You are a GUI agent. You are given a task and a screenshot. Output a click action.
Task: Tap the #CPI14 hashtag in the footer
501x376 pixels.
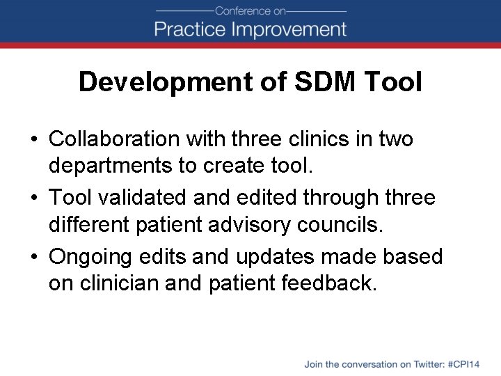click(464, 364)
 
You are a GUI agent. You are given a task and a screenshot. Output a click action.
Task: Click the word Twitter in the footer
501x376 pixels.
click(426, 364)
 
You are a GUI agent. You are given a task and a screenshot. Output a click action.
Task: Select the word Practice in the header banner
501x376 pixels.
click(189, 29)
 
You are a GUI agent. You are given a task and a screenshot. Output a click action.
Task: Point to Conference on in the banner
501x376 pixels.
click(250, 10)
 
